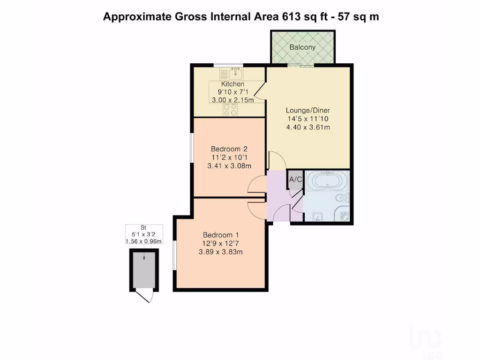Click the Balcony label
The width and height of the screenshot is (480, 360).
point(302,47)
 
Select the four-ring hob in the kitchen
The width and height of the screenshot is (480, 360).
point(230,110)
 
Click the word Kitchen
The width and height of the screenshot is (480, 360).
point(232,84)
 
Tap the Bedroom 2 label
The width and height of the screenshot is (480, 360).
point(229,149)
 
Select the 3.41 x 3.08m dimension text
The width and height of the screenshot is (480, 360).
point(229,165)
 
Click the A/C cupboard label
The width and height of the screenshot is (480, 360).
point(295,179)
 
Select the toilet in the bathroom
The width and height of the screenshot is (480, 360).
point(342,197)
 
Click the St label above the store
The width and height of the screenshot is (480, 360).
point(143,227)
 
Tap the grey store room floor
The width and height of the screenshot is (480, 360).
point(144,270)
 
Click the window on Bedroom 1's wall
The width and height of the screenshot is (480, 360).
point(174,255)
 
